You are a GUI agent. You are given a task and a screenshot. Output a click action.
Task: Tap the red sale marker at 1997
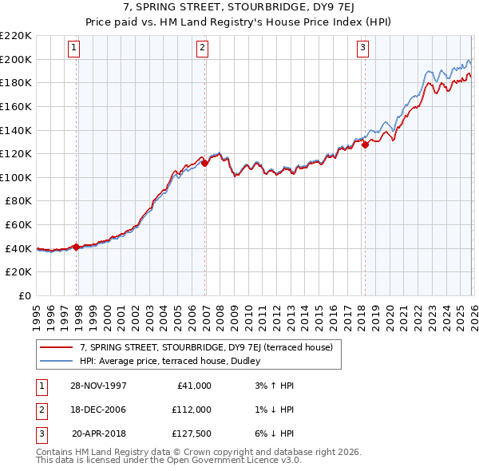pos(77,247)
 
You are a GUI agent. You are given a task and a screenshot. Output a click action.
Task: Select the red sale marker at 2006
pos(204,163)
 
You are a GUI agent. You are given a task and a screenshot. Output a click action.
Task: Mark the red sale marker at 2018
pos(365,144)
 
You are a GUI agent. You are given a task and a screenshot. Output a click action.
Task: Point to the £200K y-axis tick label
pos(16,59)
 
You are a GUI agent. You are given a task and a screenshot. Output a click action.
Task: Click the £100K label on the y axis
pos(16,177)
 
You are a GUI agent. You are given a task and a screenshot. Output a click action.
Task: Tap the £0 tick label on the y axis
pos(24,295)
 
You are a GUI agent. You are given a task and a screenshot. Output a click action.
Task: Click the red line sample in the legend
pos(57,347)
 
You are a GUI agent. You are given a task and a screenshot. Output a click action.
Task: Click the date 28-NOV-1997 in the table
pos(98,386)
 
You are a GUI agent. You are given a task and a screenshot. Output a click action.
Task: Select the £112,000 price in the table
pos(191,410)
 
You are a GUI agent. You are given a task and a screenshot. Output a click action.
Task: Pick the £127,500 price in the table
pos(191,435)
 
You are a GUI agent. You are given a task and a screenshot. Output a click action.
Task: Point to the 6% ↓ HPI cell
pos(275,435)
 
